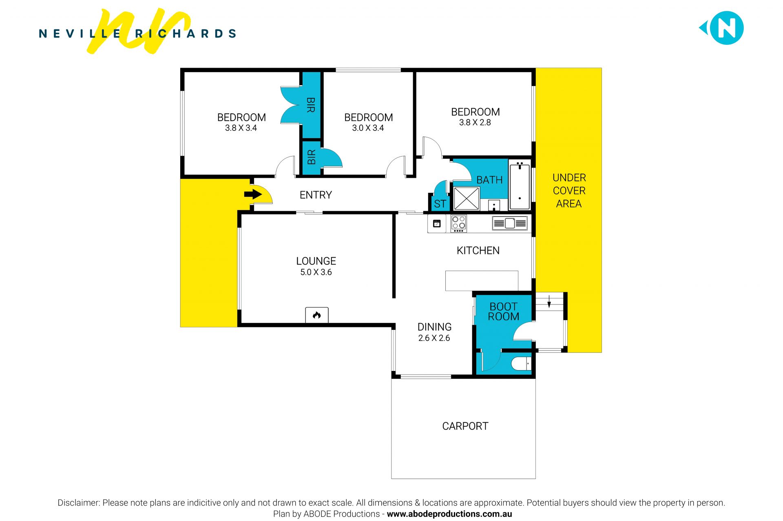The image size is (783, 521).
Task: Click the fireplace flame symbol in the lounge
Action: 317,315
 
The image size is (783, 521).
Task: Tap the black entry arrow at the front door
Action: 253,194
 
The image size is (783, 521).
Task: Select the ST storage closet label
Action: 440,204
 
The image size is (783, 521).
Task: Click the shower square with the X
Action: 467,199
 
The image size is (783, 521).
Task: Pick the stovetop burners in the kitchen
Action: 458,224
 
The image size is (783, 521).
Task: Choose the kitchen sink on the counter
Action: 510,223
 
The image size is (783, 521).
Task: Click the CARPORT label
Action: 465,426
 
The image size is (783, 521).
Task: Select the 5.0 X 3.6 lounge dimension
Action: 316,272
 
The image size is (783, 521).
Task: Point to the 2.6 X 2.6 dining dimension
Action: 434,338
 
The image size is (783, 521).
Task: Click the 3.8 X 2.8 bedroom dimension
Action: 475,123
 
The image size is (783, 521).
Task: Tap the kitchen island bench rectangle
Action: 482,281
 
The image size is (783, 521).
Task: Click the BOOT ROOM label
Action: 504,311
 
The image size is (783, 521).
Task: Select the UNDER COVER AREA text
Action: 569,191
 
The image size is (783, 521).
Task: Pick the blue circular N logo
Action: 726,28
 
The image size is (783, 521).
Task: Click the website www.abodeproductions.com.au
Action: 449,514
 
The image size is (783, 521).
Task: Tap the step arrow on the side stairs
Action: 549,302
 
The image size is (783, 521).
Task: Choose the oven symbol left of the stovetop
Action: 437,223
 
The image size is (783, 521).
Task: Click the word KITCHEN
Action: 478,250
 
